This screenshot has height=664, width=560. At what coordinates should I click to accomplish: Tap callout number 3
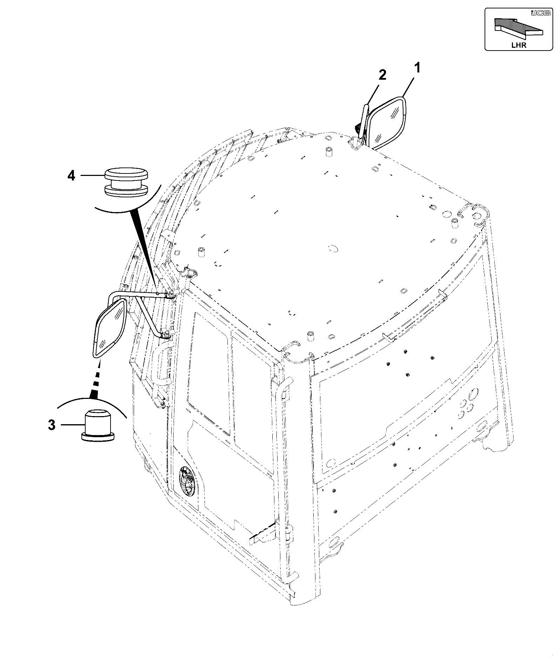click(x=52, y=425)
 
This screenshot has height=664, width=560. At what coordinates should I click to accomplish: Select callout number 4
click(x=71, y=175)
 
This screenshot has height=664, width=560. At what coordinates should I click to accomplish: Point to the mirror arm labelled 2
click(x=362, y=121)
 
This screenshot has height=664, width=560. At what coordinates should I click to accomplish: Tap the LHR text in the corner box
click(x=519, y=45)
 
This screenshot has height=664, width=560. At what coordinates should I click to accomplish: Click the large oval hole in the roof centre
click(x=332, y=248)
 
